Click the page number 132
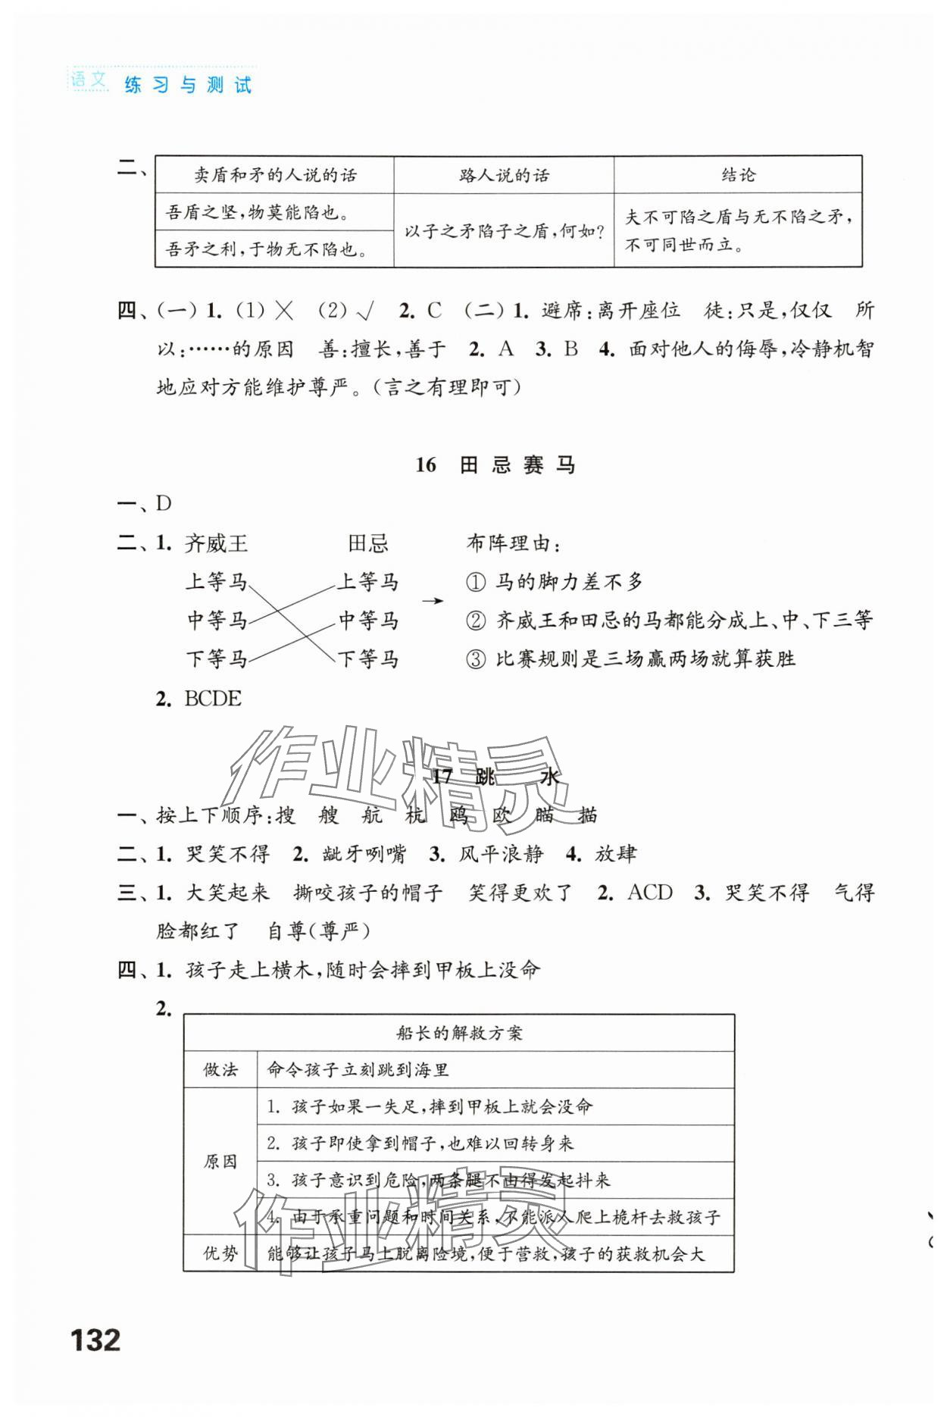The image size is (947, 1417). click(95, 1340)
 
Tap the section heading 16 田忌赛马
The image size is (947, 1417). click(496, 465)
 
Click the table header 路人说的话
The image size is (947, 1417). click(504, 175)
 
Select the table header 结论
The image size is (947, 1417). click(738, 175)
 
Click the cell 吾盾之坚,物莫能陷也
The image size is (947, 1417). click(258, 212)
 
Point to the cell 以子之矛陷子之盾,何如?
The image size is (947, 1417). click(504, 230)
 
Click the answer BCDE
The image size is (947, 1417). click(212, 699)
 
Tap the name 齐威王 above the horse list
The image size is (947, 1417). click(216, 543)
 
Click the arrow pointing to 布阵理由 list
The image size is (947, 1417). click(433, 601)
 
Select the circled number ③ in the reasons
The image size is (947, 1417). click(475, 659)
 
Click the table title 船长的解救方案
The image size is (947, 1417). click(458, 1033)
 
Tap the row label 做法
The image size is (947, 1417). click(220, 1070)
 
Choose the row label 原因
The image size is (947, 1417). click(220, 1162)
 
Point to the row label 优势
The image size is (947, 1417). click(220, 1254)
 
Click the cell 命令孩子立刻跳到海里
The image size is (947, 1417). click(358, 1070)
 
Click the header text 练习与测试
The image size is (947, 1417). click(187, 85)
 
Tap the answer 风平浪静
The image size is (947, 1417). click(501, 854)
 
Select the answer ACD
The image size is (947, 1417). click(650, 893)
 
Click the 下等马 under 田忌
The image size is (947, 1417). click(368, 659)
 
